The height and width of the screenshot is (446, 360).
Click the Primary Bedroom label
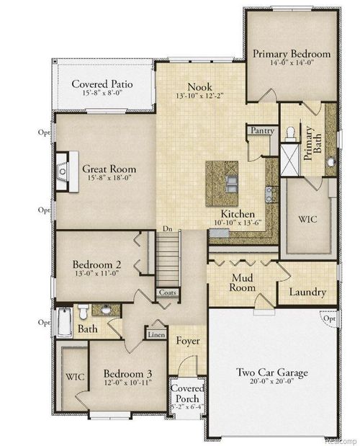(x=292, y=54)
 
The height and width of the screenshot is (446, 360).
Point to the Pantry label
(x=259, y=131)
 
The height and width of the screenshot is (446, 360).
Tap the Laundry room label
(x=307, y=293)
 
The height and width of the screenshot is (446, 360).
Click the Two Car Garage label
(x=273, y=373)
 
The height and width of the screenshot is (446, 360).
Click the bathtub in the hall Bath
(x=65, y=322)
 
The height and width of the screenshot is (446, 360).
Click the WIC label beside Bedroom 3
(x=74, y=376)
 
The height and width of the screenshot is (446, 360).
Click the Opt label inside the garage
(x=330, y=318)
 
